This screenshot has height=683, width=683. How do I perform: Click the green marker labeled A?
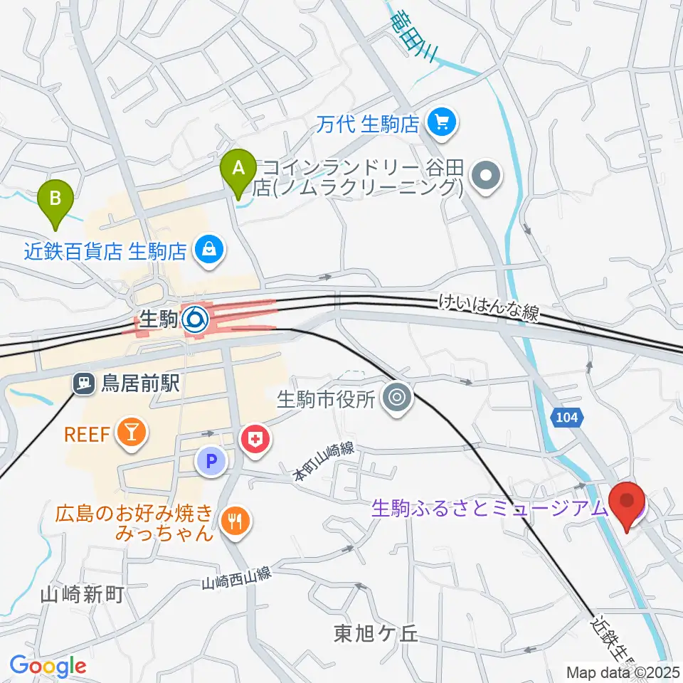pyautogui.click(x=239, y=169)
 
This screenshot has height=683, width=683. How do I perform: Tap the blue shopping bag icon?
pyautogui.click(x=210, y=250)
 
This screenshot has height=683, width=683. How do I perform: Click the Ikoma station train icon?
pyautogui.click(x=195, y=320)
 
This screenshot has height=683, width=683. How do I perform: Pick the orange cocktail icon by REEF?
pyautogui.click(x=132, y=433)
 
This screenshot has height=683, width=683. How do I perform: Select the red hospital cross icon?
pyautogui.click(x=256, y=440)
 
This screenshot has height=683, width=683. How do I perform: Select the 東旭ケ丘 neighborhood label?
pyautogui.click(x=378, y=633)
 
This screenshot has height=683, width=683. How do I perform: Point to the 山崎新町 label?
pyautogui.click(x=83, y=594)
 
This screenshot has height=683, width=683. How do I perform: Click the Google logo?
pyautogui.click(x=48, y=666)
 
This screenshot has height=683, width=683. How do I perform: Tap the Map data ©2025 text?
pyautogui.click(x=622, y=672)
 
